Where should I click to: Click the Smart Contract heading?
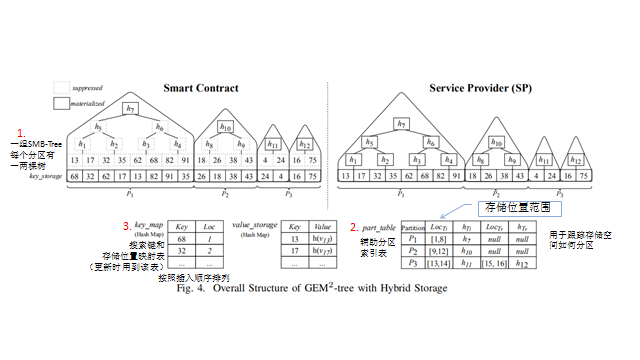[x=208, y=88]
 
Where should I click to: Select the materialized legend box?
[x=61, y=102]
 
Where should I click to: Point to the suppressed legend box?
[x=61, y=87]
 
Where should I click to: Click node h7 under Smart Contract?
[x=130, y=108]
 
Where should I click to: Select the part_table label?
[x=375, y=227]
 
